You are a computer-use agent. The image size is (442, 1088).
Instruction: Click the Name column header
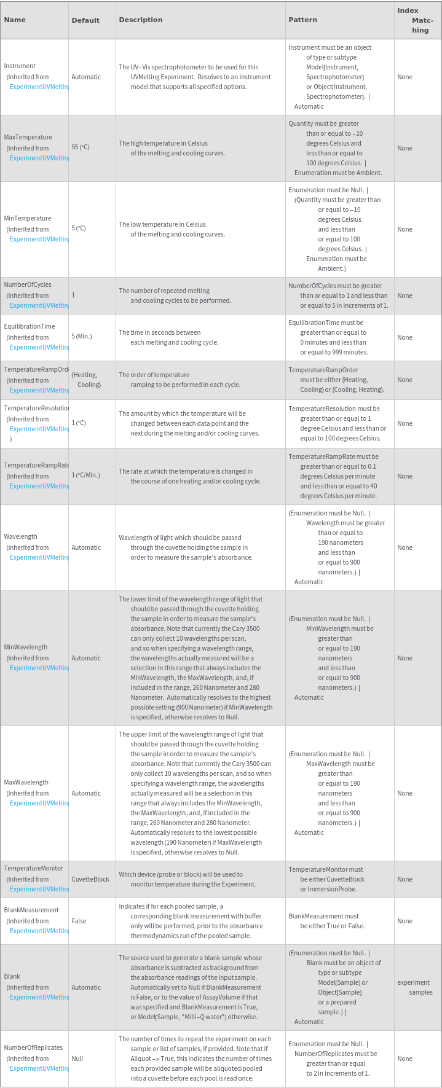point(15,20)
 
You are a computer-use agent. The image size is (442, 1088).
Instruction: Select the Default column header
point(85,20)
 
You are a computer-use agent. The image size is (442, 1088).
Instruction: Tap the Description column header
point(141,20)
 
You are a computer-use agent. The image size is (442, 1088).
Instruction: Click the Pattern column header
point(303,20)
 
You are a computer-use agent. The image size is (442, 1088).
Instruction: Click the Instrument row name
point(20,66)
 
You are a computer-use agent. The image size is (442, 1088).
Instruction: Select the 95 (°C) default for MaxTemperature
point(81,147)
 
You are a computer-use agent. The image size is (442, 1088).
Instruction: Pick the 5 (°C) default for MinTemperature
point(79,229)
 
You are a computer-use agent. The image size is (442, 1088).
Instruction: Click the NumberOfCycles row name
point(28,284)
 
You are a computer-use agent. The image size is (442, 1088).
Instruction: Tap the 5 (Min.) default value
point(82,337)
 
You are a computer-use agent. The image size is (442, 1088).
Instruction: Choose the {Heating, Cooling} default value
point(85,380)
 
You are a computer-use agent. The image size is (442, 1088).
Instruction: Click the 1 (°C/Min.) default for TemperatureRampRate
point(85,476)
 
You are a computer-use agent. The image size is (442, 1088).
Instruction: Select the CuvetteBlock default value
point(90,879)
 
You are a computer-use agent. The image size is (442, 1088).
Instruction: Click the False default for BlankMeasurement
point(79,921)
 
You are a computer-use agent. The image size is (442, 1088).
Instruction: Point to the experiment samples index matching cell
point(414,987)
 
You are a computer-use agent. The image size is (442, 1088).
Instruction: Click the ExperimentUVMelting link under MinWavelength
point(39,668)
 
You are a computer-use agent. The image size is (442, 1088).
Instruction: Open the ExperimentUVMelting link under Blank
point(39,997)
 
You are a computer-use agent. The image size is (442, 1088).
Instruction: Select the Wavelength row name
point(20,536)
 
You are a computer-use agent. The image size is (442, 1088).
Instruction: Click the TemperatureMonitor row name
point(33,868)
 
